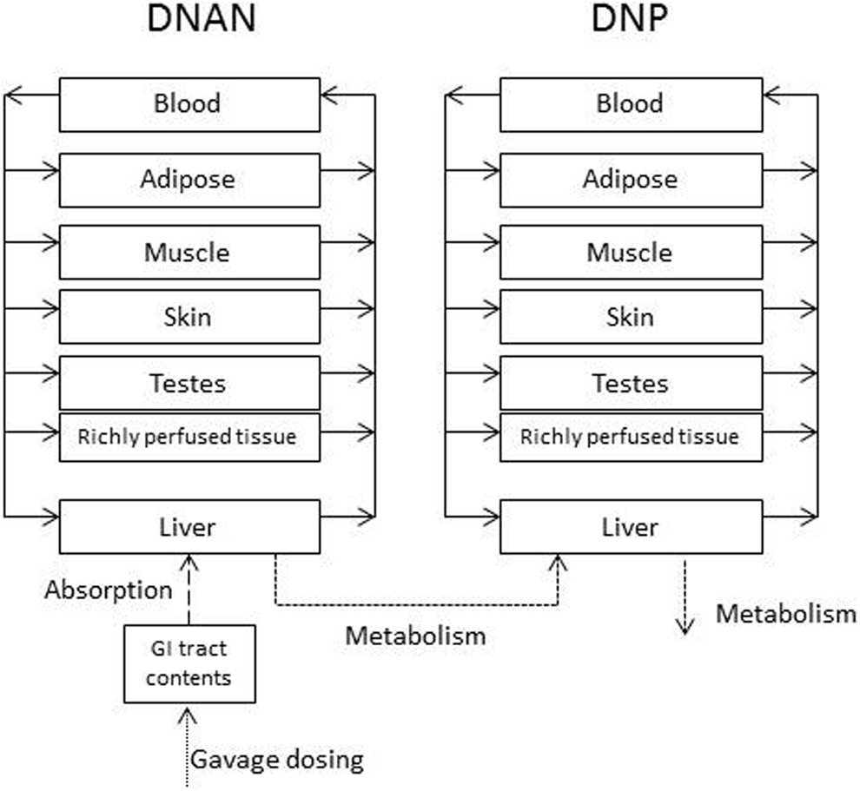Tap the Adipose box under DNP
pos(630,179)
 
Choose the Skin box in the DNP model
pos(630,316)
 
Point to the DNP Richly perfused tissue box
pos(630,437)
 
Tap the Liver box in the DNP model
pos(630,527)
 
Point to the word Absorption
pos(109,590)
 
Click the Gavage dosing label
pos(276,760)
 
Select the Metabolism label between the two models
pos(415,636)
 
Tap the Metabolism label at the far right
pos(785,614)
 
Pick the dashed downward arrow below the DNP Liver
pos(685,599)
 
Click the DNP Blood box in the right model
pos(630,104)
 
